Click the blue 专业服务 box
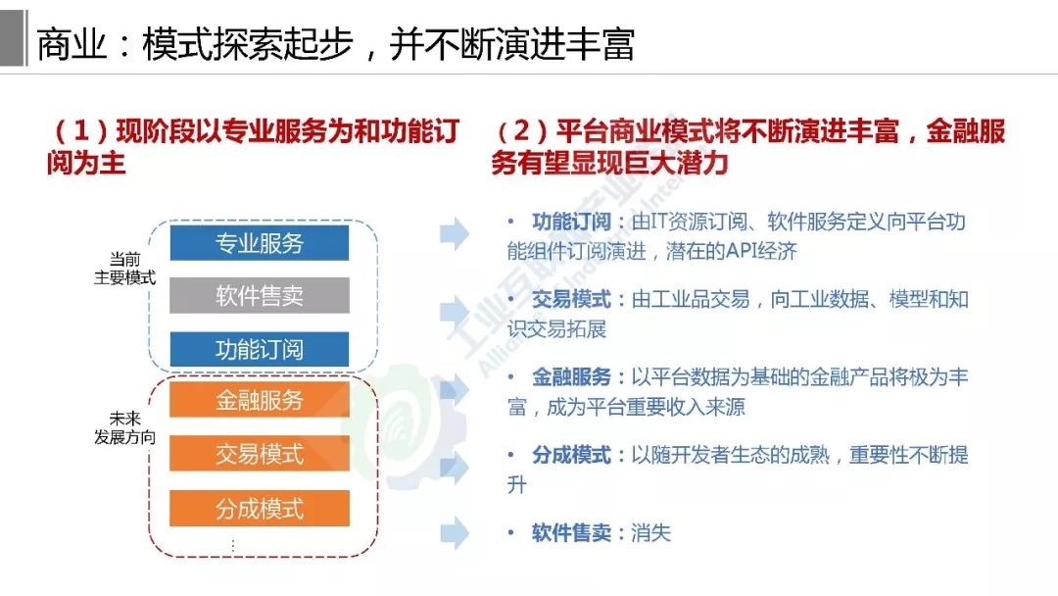click(259, 243)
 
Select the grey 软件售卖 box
click(259, 296)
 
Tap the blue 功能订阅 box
click(259, 349)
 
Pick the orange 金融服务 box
click(259, 400)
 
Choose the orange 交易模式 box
click(259, 454)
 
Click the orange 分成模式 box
click(259, 508)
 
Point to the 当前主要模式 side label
click(124, 269)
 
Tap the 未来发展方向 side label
click(124, 428)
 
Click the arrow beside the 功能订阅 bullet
click(455, 234)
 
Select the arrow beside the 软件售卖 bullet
click(455, 533)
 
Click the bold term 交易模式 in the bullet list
click(571, 299)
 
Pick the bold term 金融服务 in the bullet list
click(571, 376)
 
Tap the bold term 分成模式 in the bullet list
click(571, 455)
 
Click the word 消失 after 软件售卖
click(651, 533)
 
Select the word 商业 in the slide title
click(72, 45)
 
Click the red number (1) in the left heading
click(81, 131)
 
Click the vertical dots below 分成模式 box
click(233, 545)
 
